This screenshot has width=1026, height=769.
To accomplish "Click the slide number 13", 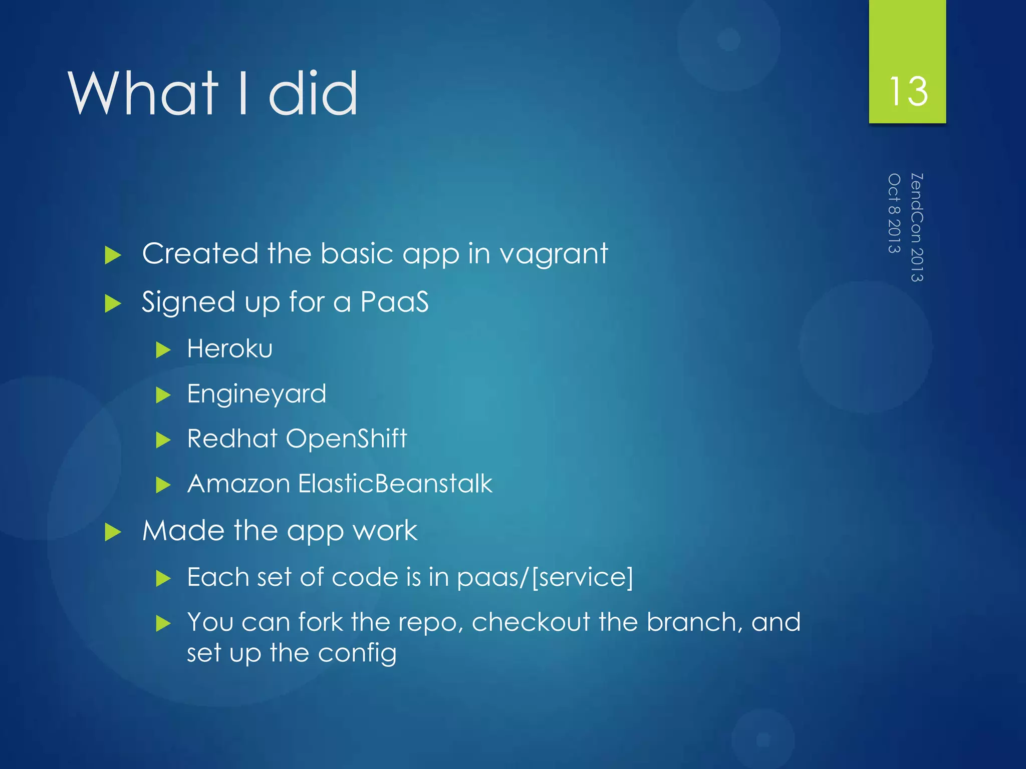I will pyautogui.click(x=908, y=92).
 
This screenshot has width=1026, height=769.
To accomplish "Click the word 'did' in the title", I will pyautogui.click(x=313, y=94).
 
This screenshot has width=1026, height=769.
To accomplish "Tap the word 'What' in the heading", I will pyautogui.click(x=143, y=94).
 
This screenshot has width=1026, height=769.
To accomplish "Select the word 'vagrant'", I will pyautogui.click(x=554, y=254).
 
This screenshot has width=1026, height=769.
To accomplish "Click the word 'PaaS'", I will pyautogui.click(x=394, y=302).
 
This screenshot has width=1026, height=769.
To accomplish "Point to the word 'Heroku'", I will pyautogui.click(x=229, y=348).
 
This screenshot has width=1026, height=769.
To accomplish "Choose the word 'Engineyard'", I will pyautogui.click(x=256, y=394).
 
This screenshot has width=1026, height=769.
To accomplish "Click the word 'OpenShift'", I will pyautogui.click(x=346, y=439).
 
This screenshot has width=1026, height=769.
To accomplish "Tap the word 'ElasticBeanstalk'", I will pyautogui.click(x=395, y=484).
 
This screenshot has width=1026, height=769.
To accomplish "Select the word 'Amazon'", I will pyautogui.click(x=238, y=484).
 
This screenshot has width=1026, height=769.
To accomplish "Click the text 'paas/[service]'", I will pyautogui.click(x=545, y=578).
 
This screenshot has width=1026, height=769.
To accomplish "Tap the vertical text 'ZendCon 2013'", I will pyautogui.click(x=917, y=227).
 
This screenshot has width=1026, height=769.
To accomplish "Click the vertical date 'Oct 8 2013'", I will pyautogui.click(x=894, y=213).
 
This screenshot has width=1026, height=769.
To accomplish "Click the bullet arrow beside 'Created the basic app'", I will pyautogui.click(x=113, y=255).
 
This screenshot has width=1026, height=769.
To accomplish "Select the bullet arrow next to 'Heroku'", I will pyautogui.click(x=163, y=349).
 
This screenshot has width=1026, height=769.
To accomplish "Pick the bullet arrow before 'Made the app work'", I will pyautogui.click(x=113, y=532).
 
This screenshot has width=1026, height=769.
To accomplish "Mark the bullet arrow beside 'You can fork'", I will pyautogui.click(x=163, y=624).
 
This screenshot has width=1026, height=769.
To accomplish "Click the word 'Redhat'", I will pyautogui.click(x=232, y=439).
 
